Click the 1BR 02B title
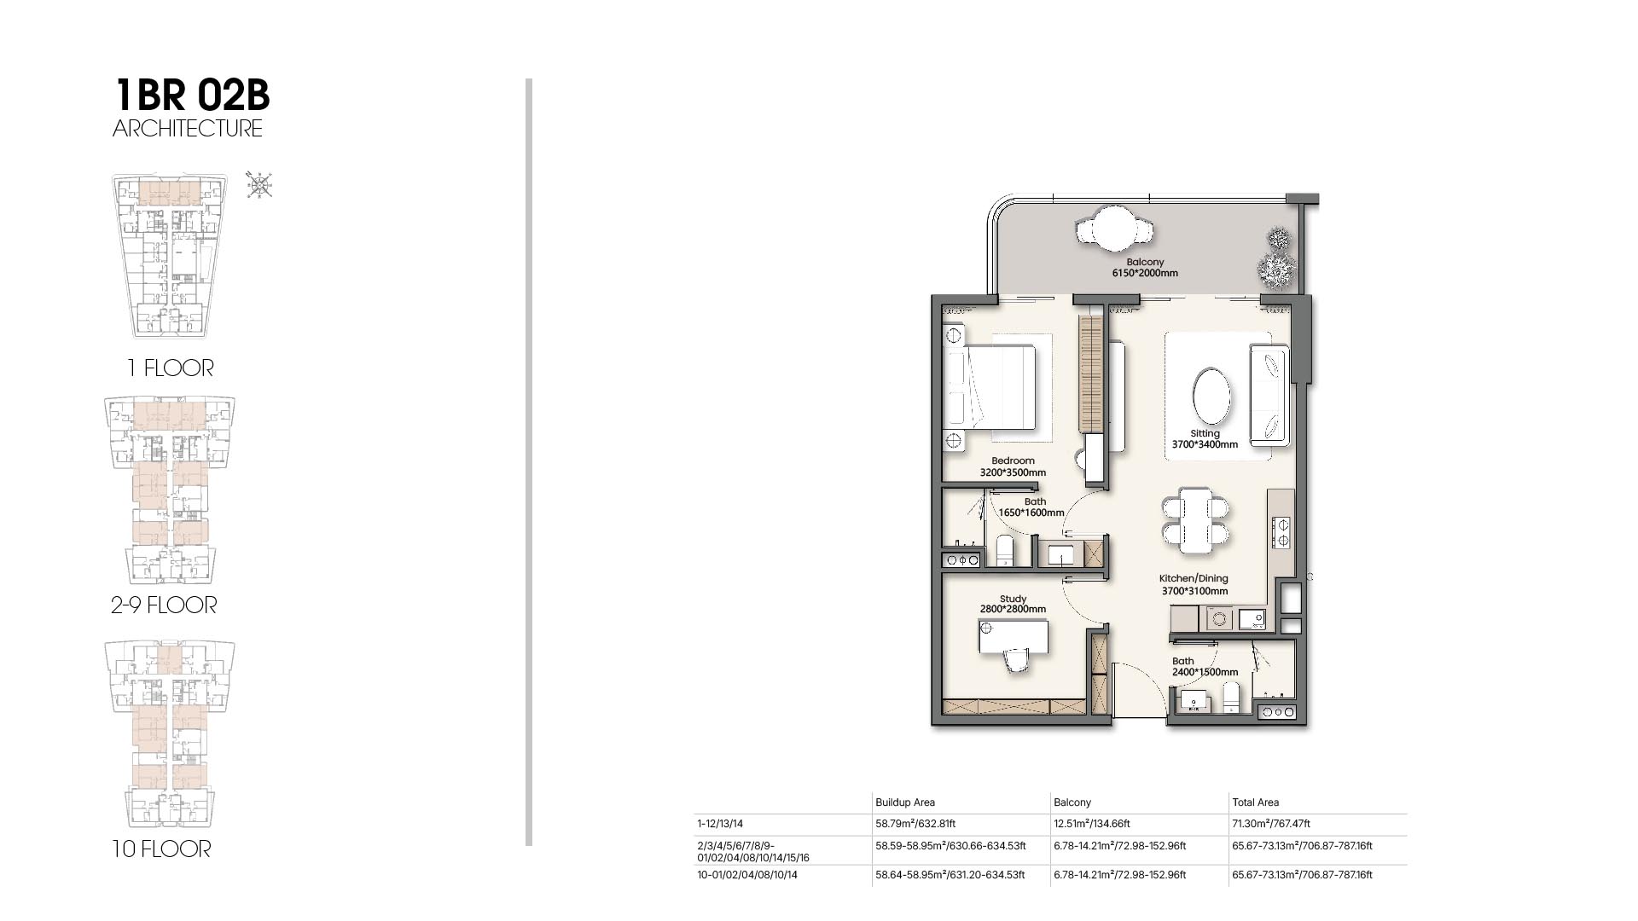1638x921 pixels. click(192, 95)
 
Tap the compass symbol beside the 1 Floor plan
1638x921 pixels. click(259, 184)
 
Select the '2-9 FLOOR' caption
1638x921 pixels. click(164, 605)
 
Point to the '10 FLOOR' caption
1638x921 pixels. click(161, 849)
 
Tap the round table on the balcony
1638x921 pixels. click(1115, 229)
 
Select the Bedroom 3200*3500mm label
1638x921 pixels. click(1013, 466)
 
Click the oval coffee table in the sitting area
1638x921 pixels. click(1211, 395)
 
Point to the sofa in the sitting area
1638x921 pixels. click(1269, 394)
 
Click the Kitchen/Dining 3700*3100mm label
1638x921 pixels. click(1194, 585)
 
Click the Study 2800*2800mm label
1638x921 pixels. click(1013, 604)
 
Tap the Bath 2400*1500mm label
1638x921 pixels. click(1204, 667)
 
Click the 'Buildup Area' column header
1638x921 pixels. click(905, 802)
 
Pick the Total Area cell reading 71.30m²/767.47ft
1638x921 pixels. click(1271, 824)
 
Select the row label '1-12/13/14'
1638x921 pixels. click(720, 824)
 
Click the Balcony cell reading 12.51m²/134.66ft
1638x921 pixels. click(1092, 824)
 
